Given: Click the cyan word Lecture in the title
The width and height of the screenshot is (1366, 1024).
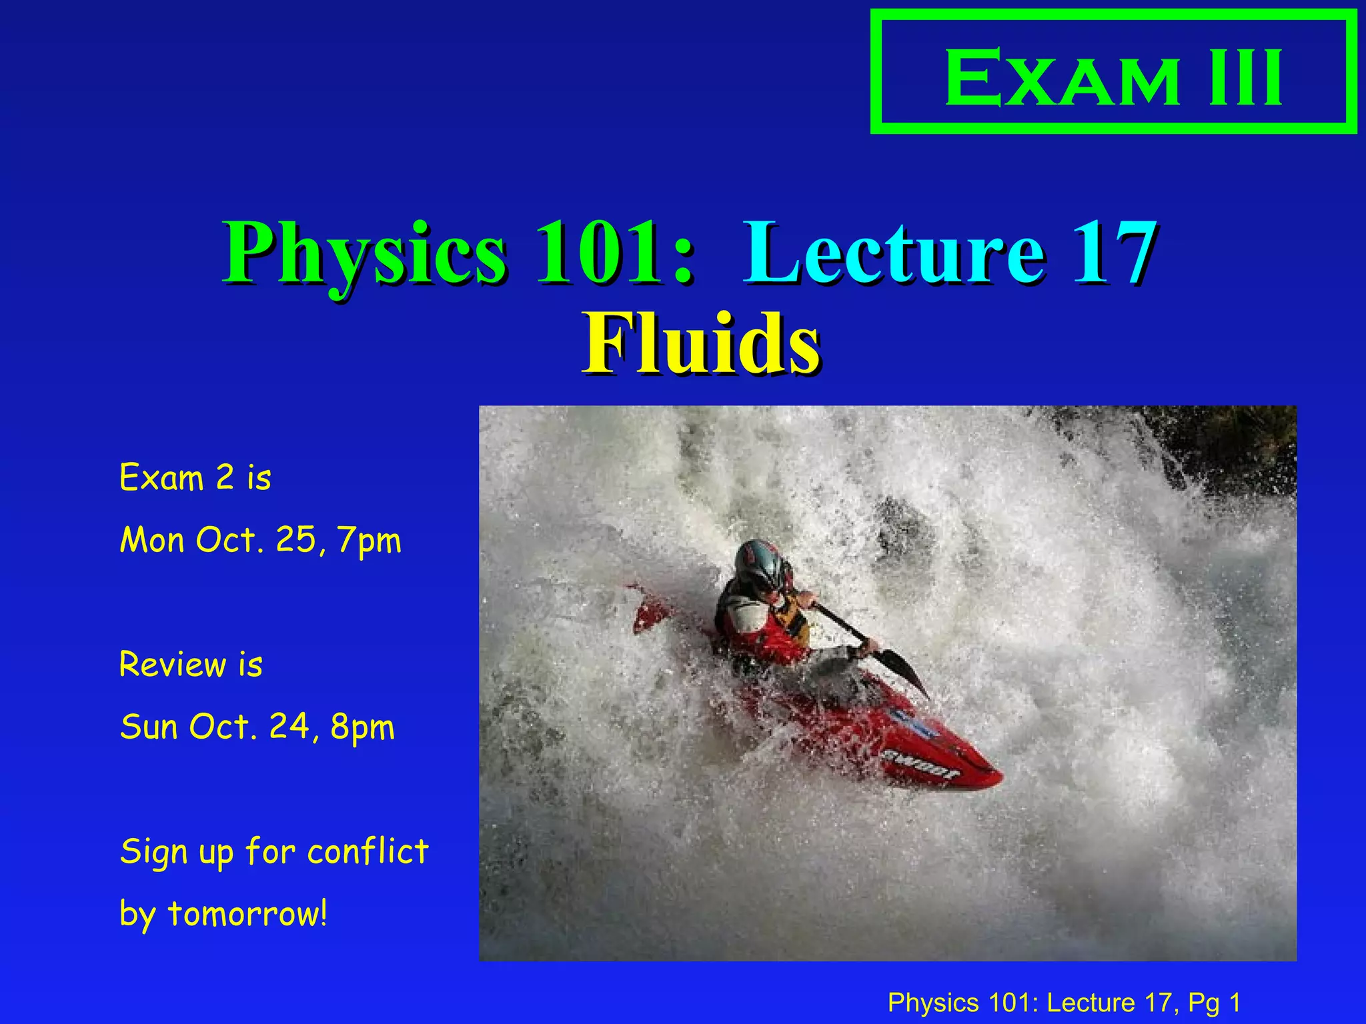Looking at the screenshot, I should pos(894,253).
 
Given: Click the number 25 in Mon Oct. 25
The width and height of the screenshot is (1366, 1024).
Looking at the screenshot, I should pos(295,539).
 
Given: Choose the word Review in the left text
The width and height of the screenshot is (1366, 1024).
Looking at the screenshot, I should pos(173,665).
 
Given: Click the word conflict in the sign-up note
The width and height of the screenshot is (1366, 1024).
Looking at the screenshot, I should pos(368,852).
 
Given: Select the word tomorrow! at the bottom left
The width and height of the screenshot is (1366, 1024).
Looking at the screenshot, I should pos(247,914).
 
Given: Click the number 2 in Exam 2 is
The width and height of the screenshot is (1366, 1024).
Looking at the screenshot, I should pos(225,477).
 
